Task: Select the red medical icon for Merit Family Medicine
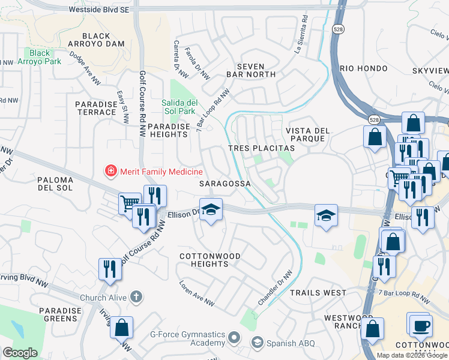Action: tap(110, 172)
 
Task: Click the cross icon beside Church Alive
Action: tap(137, 296)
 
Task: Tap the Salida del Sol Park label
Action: tap(179, 107)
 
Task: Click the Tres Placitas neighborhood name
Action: tap(261, 148)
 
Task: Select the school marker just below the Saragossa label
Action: tap(211, 210)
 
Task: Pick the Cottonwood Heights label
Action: tap(210, 260)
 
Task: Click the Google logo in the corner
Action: tap(20, 353)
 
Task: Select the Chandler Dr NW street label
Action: tap(274, 287)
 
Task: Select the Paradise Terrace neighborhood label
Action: tap(95, 108)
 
